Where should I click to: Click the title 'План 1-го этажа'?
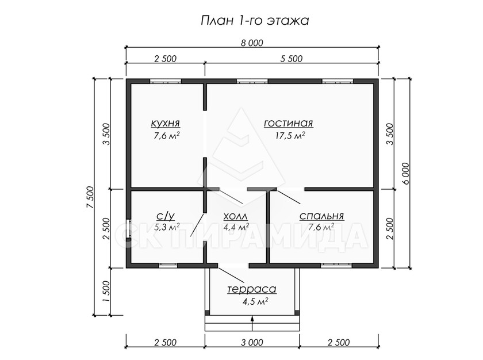coord(255,21)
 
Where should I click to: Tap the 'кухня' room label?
coord(166,123)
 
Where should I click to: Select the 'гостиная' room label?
coord(288,123)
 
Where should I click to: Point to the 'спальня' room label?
coord(321,216)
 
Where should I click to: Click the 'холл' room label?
coord(235,216)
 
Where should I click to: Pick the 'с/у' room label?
coord(166,216)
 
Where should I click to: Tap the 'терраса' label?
coord(252,289)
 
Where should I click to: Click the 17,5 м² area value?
coord(290,136)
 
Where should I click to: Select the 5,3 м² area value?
coord(167,227)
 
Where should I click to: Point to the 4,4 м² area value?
coord(236,227)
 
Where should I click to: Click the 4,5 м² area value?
coord(255,301)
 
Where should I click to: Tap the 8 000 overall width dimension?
coord(252,43)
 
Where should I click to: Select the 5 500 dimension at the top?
coord(292,59)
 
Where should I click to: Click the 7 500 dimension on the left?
coord(90,197)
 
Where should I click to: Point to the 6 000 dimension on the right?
coord(406,173)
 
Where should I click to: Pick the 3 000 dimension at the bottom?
coord(252,342)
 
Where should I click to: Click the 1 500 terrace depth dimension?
coord(106,292)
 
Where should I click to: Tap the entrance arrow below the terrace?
coord(252,323)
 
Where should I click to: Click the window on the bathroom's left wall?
coord(128,229)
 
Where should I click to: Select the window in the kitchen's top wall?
coord(166,82)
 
